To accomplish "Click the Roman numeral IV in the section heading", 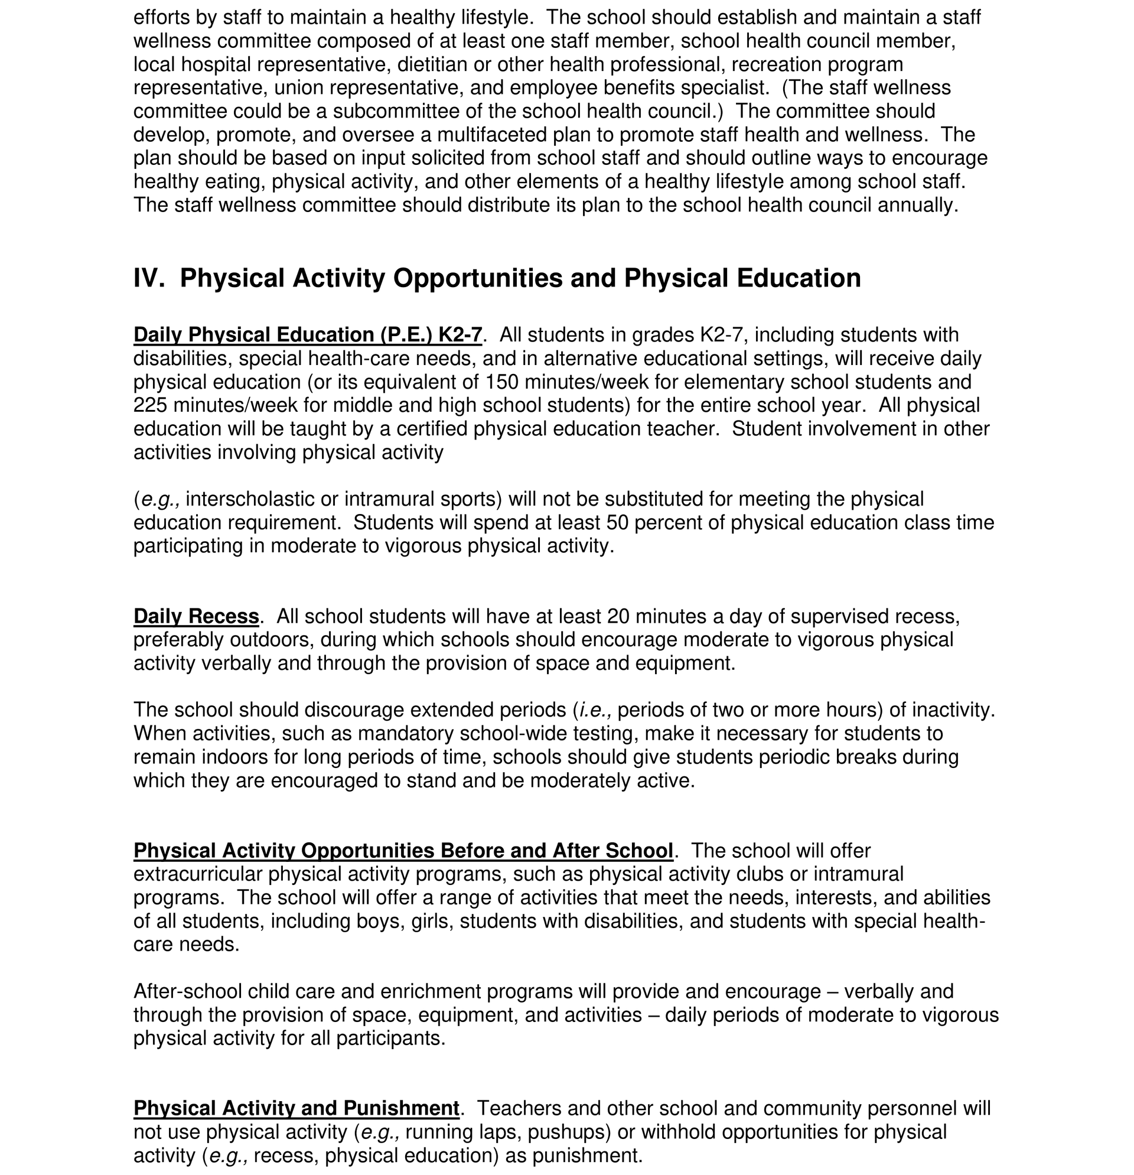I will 148,278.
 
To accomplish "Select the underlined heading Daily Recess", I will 196,616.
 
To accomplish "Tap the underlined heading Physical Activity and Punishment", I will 296,1108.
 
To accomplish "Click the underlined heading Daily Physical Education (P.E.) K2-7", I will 308,334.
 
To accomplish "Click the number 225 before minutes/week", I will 151,405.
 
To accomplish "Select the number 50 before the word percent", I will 617,523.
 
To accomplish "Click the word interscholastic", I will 249,499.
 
